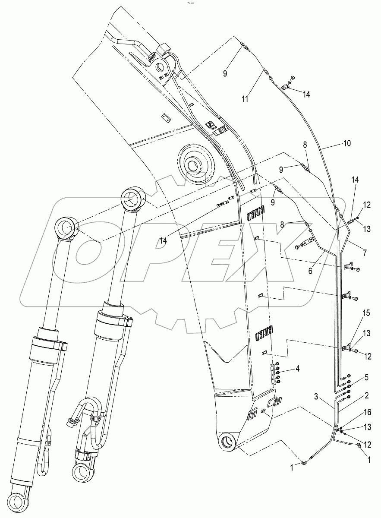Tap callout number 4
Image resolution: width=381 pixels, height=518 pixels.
[297, 369]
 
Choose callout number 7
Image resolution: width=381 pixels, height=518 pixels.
[365, 251]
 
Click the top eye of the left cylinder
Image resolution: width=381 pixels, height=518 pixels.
[66, 227]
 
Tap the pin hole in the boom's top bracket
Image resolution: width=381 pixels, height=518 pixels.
[163, 68]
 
